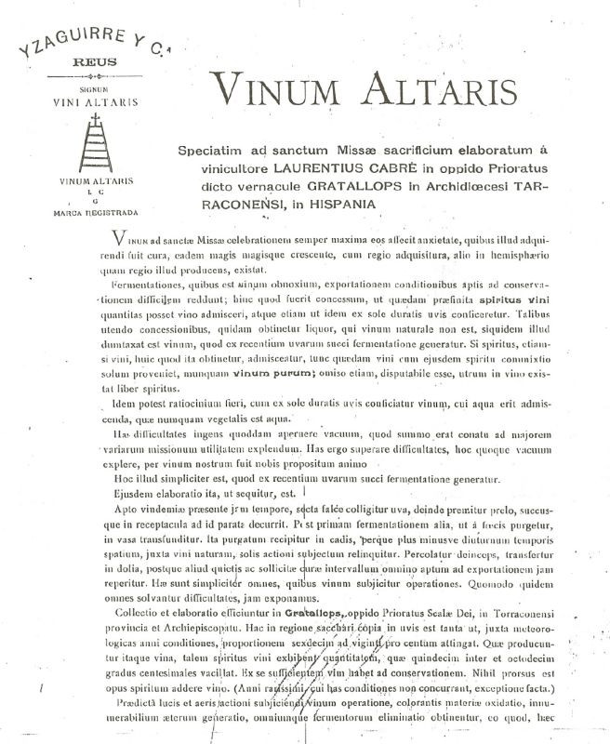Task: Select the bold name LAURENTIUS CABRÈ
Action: (325, 170)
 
